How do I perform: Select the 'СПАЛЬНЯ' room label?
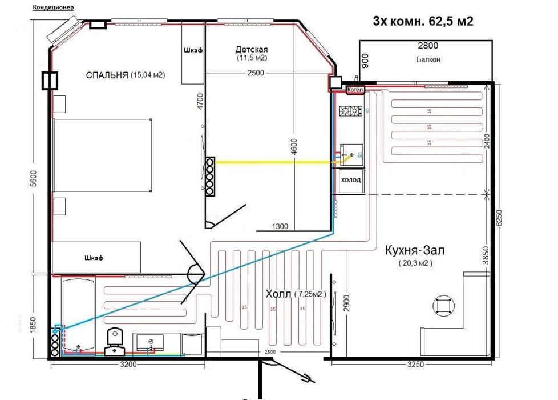coord(107,75)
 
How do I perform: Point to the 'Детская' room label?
coord(251,49)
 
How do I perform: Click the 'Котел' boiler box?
coord(354,90)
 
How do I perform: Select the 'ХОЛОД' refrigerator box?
coord(351,180)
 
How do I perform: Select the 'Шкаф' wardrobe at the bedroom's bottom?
coord(96,257)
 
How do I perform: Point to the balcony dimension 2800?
coord(428,46)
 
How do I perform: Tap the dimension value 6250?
coord(499,217)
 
